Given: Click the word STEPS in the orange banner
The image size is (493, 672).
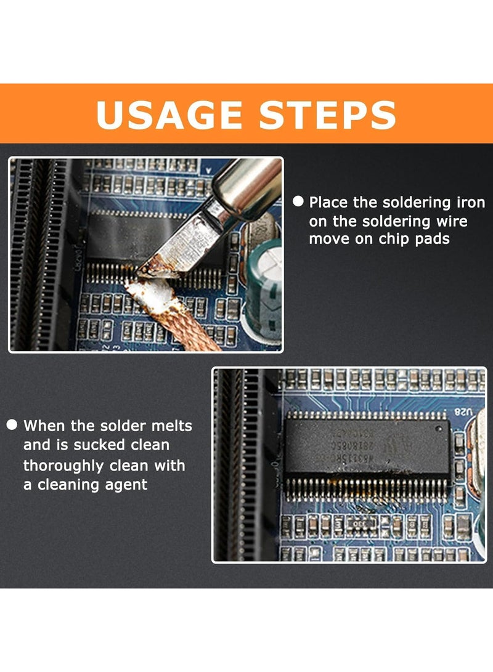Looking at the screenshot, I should (x=325, y=115).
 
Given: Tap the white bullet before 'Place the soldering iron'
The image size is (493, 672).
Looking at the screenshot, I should (x=298, y=201).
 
